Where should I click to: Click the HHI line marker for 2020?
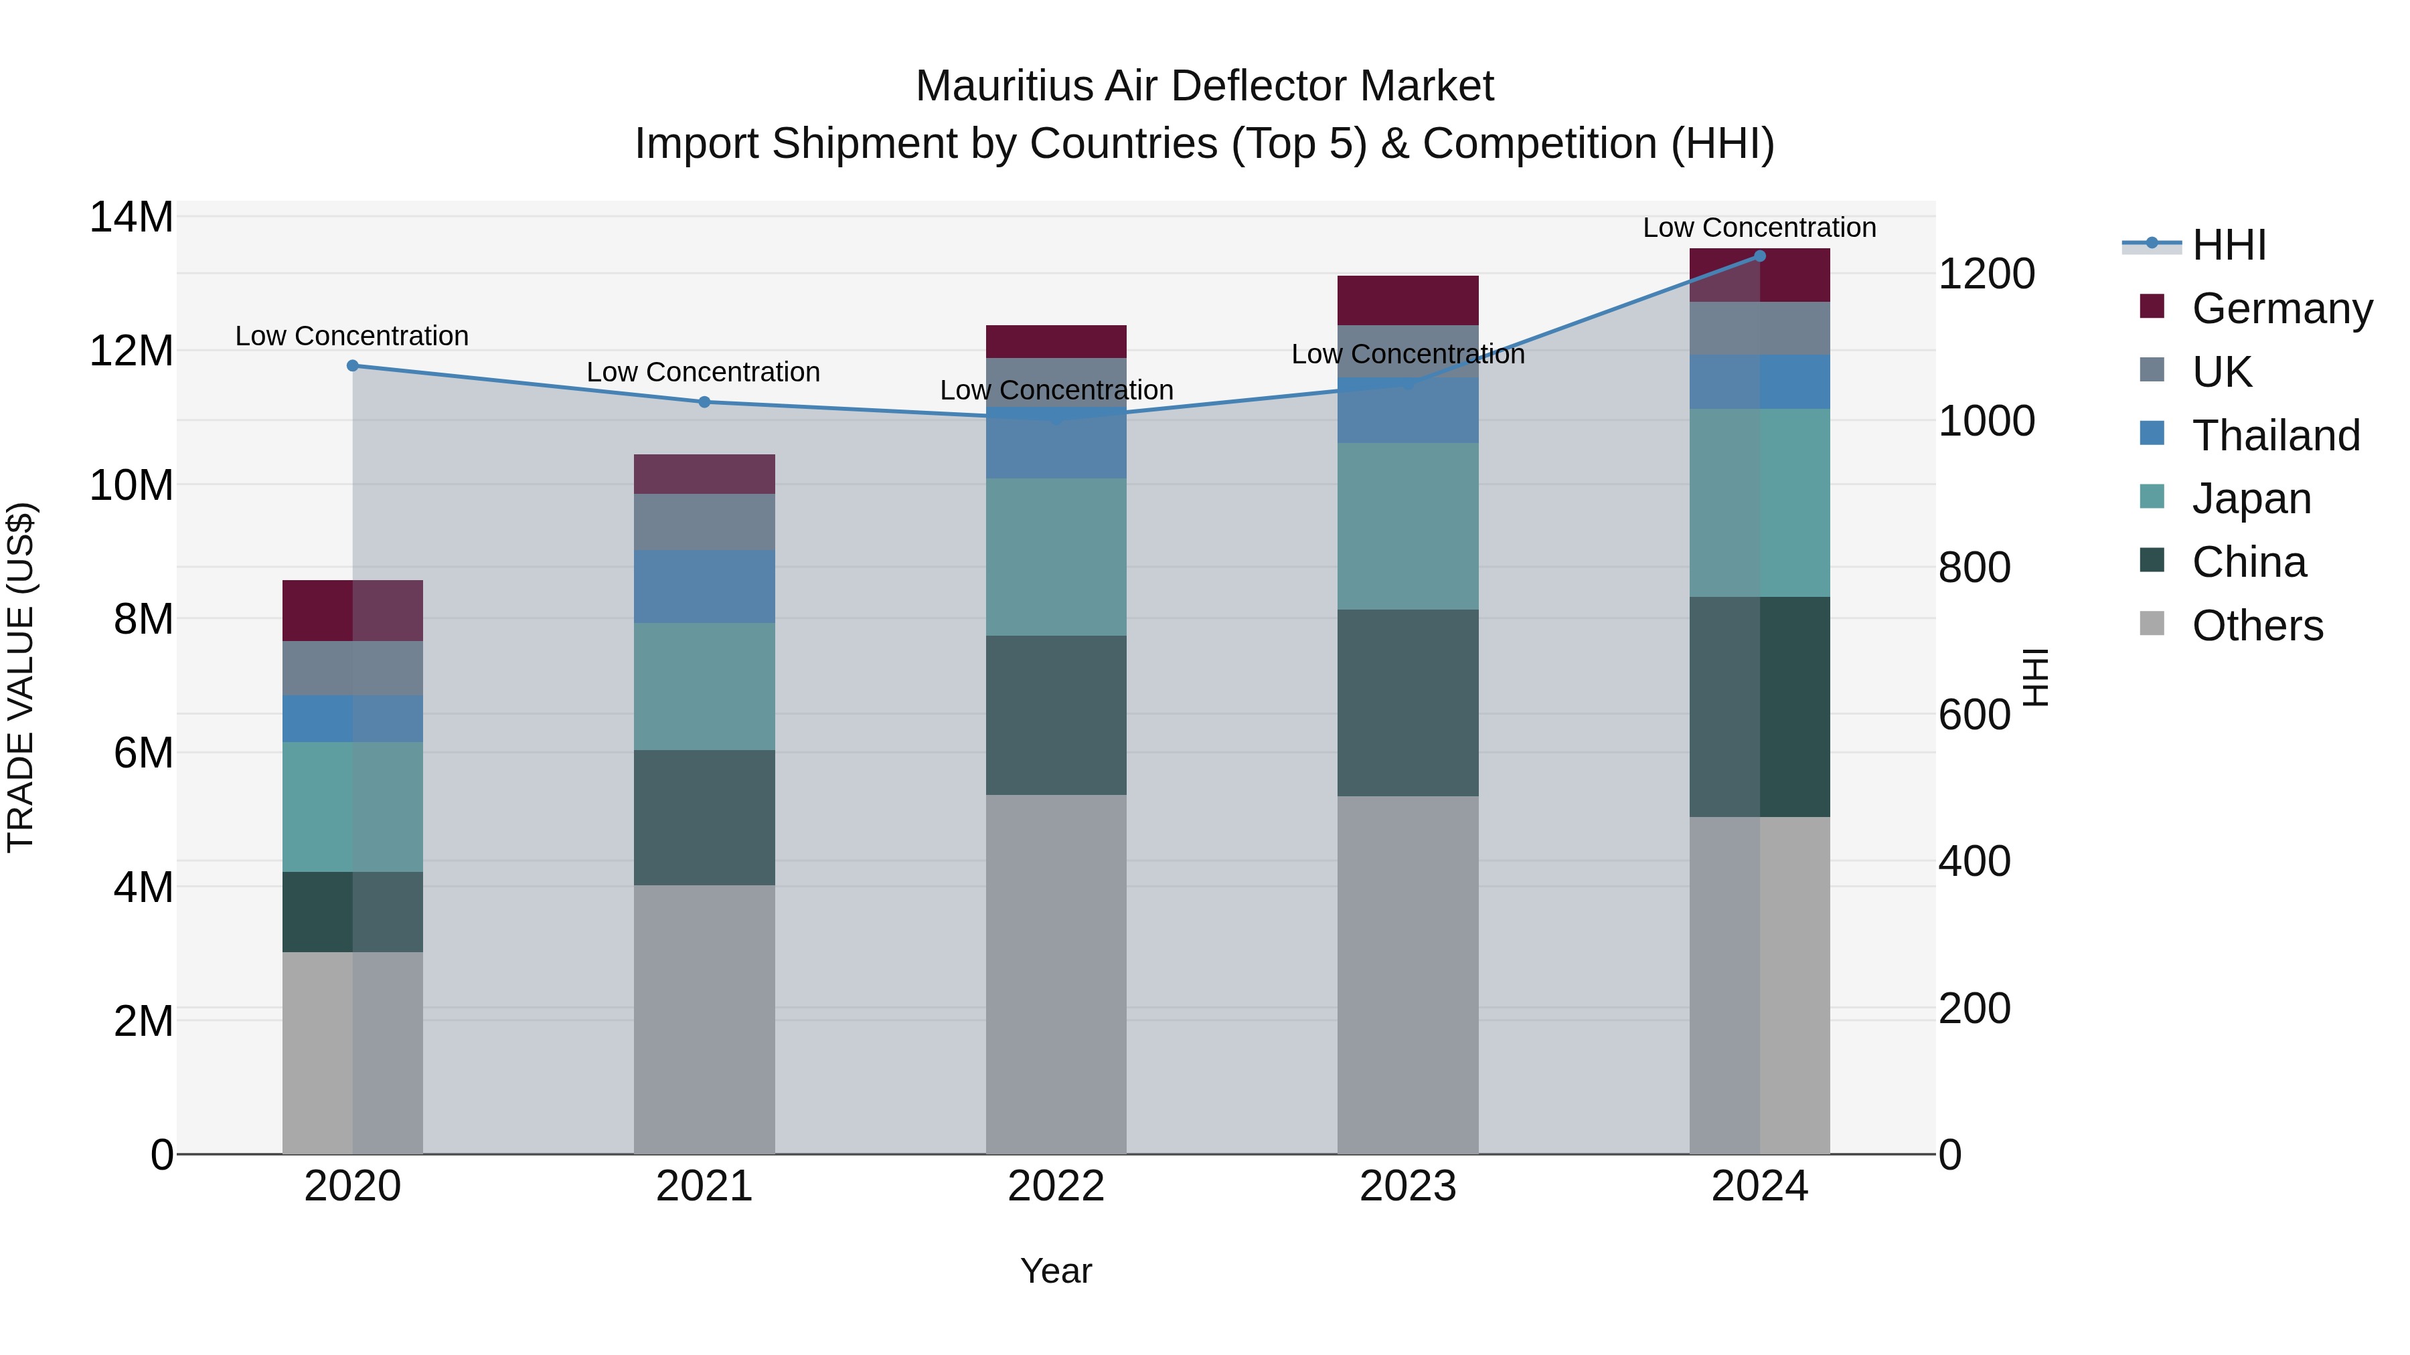point(353,365)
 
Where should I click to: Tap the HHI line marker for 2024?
point(1760,256)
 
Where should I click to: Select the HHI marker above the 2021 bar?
point(704,402)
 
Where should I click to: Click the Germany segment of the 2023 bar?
point(1407,300)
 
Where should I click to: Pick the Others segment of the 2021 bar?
point(704,1018)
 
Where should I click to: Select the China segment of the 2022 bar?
point(1056,715)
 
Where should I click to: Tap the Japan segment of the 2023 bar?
point(1407,527)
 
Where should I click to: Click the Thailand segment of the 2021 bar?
point(704,586)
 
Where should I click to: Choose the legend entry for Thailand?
point(2275,436)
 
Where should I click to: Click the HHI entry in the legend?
point(2229,245)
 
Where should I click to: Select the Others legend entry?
point(2257,626)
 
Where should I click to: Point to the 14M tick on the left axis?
point(131,217)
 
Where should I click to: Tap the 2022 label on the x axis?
point(1056,1186)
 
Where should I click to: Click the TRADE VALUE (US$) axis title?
point(21,677)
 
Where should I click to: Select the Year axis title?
point(1056,1271)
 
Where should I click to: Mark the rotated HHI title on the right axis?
point(2035,677)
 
